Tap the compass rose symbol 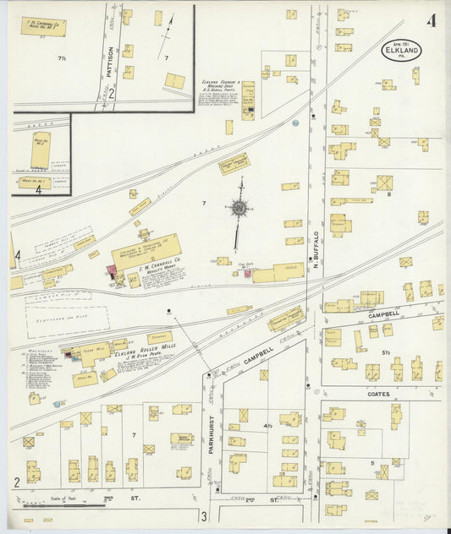(x=240, y=207)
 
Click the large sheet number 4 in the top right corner (x=432, y=21)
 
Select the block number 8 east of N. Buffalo (x=388, y=194)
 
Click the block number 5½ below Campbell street (x=385, y=352)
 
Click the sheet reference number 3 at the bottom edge (x=203, y=516)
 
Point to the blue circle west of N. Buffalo (x=295, y=123)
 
